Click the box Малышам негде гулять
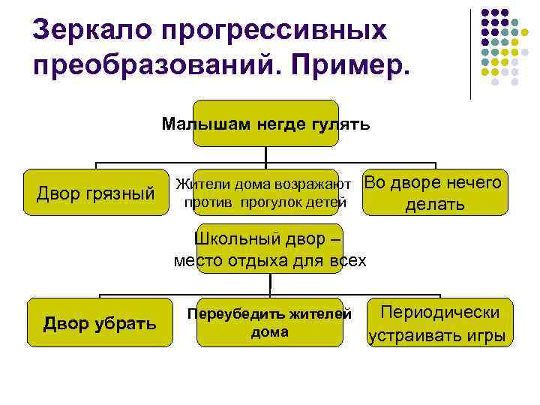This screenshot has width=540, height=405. click(x=265, y=124)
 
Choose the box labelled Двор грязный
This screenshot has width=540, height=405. click(x=96, y=194)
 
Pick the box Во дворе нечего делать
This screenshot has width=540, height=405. click(x=434, y=193)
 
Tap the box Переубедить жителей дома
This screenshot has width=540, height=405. click(x=269, y=322)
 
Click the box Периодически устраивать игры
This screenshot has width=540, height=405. click(x=441, y=323)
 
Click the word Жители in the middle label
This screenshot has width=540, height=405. click(x=202, y=184)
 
